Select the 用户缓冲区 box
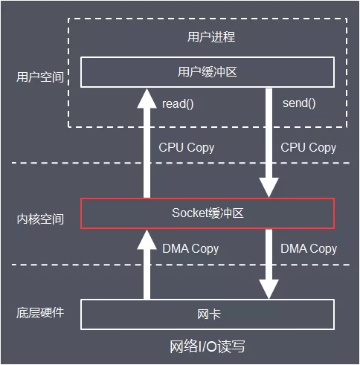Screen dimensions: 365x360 pyautogui.click(x=208, y=72)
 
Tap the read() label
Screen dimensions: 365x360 pyautogui.click(x=178, y=103)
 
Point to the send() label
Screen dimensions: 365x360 pyautogui.click(x=299, y=103)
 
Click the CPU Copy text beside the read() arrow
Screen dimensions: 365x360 pyautogui.click(x=186, y=147)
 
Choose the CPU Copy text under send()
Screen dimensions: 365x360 pyautogui.click(x=308, y=147)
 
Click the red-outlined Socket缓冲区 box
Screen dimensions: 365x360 pyautogui.click(x=208, y=213)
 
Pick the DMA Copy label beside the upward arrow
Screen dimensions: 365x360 pyautogui.click(x=190, y=248)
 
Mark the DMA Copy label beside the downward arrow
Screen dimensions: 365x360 pyautogui.click(x=308, y=248)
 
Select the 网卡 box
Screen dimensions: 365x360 pyautogui.click(x=208, y=314)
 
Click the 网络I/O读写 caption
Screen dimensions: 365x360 pyautogui.click(x=208, y=347)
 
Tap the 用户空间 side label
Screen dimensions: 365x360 pyautogui.click(x=39, y=77)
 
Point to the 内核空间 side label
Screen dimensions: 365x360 pyautogui.click(x=39, y=219)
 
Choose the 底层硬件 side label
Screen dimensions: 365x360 pyautogui.click(x=39, y=312)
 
